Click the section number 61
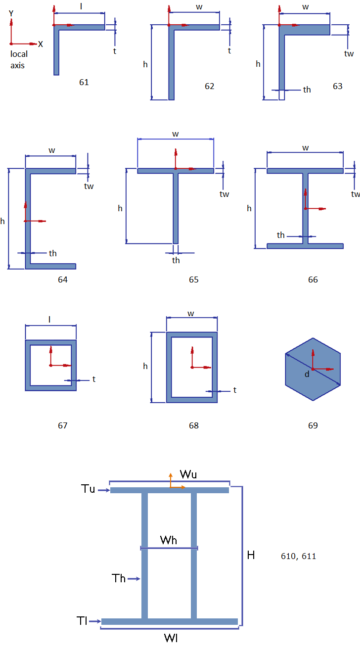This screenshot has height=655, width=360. pos(84,82)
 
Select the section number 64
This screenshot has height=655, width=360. pos(63,280)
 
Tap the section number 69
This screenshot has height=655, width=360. pos(313,425)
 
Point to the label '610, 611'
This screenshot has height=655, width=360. pos(298,556)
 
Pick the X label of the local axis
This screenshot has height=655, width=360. pos(41,45)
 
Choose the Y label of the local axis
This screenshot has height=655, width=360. pos(11,14)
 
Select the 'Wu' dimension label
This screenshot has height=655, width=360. pos(188,474)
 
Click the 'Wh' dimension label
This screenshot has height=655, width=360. pos(169,540)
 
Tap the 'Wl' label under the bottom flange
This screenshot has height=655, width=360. pos(171,638)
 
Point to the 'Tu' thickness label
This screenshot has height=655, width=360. pos(88,489)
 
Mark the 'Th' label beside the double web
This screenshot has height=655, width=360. pos(119,578)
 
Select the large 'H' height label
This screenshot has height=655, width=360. pos(251,555)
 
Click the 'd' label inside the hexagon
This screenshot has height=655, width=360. pos(307,374)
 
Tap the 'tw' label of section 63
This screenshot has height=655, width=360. pos(349,53)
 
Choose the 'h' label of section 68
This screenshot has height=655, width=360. pos(145,366)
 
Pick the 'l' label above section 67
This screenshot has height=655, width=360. pos(49,320)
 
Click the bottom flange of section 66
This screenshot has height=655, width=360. pos(305,246)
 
